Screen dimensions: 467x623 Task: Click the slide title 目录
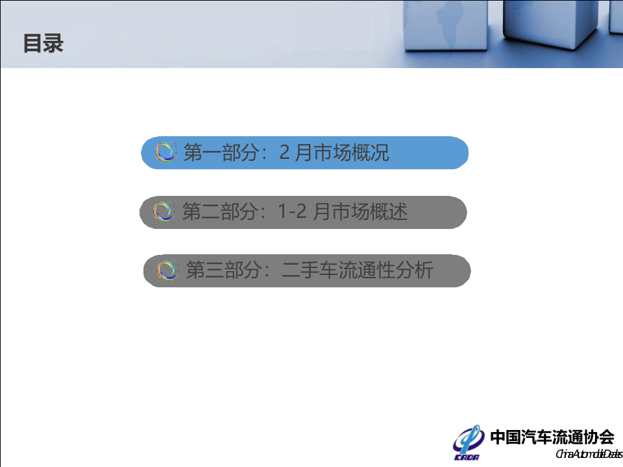click(x=43, y=43)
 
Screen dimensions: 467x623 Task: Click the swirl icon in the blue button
click(x=166, y=152)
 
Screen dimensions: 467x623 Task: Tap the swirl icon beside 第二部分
click(x=164, y=211)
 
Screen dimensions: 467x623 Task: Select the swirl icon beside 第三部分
click(x=167, y=270)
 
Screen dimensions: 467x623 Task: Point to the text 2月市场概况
click(x=334, y=153)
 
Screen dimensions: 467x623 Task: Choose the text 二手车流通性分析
click(x=357, y=270)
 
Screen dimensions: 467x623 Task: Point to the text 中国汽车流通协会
click(x=552, y=437)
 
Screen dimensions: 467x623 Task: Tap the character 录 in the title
click(x=53, y=43)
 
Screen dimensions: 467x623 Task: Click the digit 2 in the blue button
click(x=284, y=153)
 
